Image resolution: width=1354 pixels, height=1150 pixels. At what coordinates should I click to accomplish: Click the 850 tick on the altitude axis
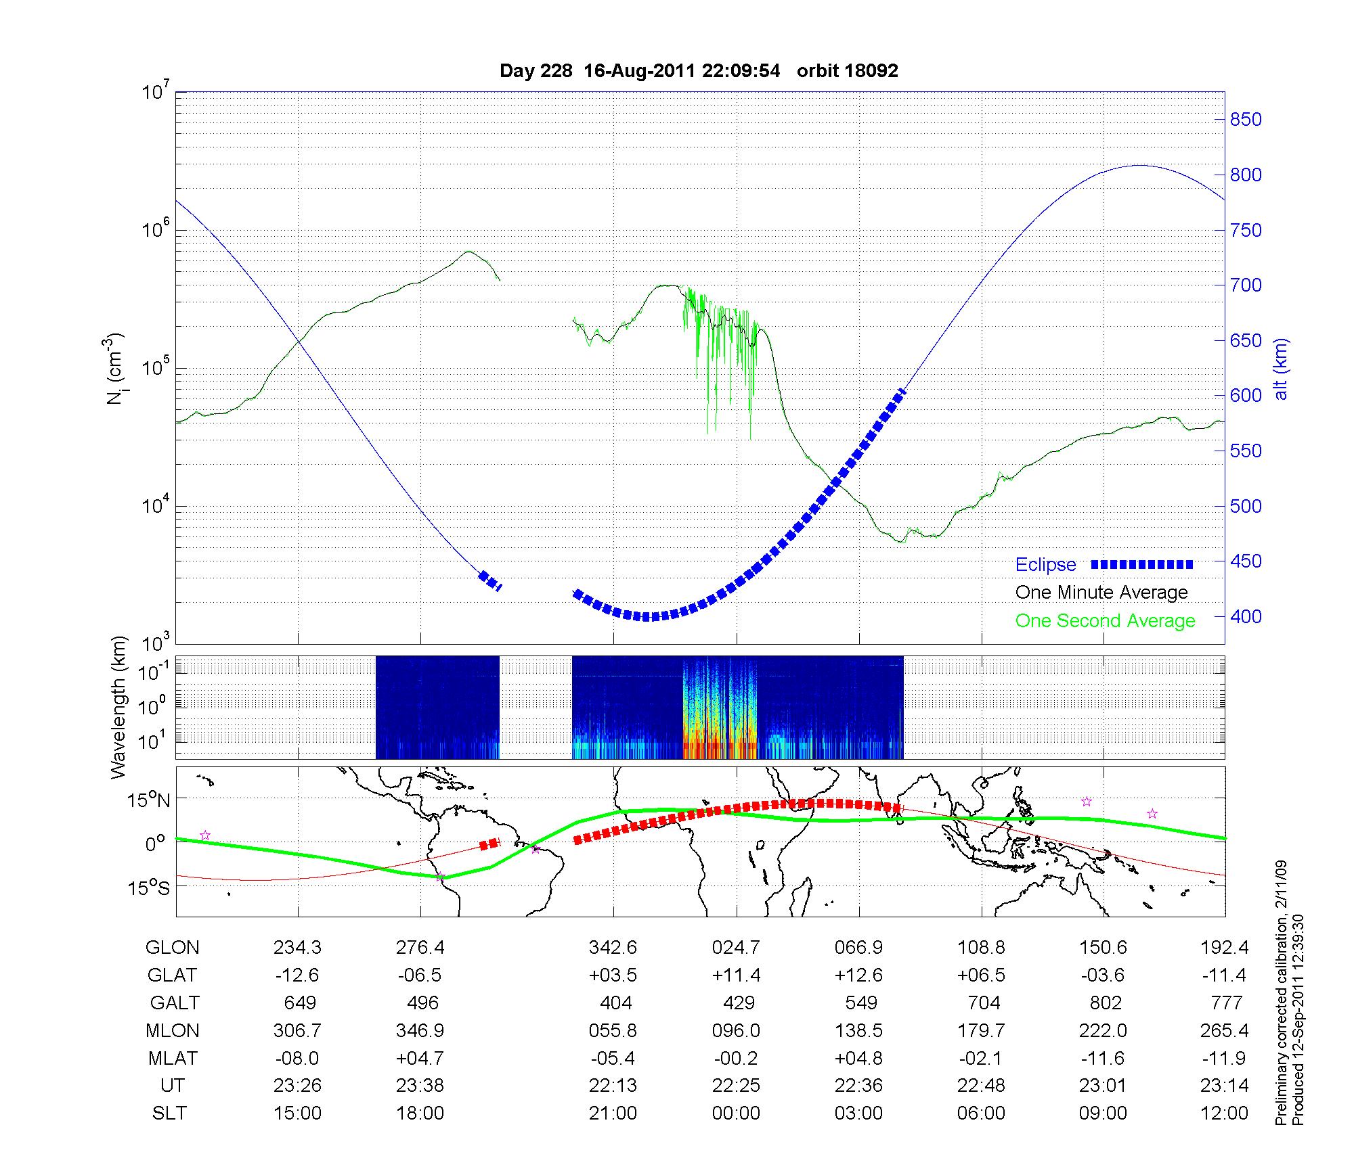point(1246,120)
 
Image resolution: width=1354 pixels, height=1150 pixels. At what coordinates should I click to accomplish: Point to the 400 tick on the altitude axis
point(1246,616)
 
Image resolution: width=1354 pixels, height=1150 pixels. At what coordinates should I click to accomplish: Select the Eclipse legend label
point(1045,565)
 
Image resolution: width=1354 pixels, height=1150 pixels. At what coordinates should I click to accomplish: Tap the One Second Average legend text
point(1105,621)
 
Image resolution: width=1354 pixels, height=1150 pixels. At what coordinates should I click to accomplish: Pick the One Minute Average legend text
point(1101,593)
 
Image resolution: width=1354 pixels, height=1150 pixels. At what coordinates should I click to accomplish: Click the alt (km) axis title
point(1282,369)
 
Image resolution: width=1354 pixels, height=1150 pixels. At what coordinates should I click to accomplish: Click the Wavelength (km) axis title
point(118,707)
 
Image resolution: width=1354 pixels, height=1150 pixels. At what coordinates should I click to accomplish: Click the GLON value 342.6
point(613,948)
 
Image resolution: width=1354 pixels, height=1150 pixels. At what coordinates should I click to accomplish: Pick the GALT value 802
point(1105,1003)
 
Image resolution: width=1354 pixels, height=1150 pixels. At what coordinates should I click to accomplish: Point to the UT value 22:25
point(736,1086)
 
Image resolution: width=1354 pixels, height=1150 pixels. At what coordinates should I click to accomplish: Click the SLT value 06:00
point(981,1113)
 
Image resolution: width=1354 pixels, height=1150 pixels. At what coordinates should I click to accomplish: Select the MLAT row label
point(173,1058)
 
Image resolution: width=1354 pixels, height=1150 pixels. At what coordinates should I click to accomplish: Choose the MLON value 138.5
point(858,1030)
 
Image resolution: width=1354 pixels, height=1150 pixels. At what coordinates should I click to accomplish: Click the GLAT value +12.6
point(858,975)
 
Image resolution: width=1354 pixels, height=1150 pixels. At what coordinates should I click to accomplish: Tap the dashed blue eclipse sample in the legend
point(1141,564)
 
